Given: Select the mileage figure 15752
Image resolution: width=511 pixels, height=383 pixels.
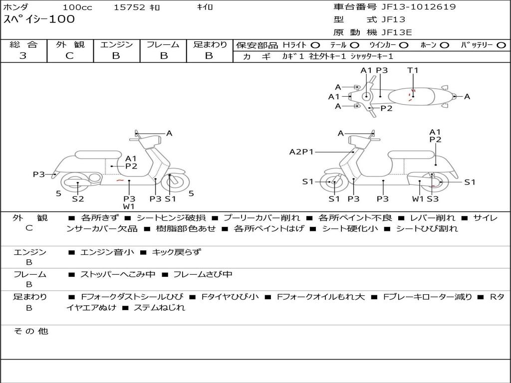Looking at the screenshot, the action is pos(129,7).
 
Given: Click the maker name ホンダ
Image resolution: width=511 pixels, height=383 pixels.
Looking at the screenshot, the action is pos(15,7).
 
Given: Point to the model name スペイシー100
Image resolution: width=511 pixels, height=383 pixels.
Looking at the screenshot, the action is pos(39,19).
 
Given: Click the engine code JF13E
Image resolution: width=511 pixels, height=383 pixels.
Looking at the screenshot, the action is pos(397,32).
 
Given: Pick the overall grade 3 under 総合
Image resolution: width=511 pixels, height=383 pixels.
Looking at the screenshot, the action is pos(23,56).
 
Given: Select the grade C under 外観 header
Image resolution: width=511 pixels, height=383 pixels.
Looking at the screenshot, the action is pos(70,56).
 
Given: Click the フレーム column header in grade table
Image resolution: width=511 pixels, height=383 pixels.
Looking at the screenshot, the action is pos(163,45).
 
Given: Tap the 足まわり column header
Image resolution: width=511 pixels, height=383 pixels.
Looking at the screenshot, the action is pos(210,45).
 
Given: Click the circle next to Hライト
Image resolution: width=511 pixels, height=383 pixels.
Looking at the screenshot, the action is pos(315,45).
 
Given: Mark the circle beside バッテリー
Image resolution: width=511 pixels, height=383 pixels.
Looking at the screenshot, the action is pos(501,45).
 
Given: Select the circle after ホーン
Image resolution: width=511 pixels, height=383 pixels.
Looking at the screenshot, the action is pos(444,45).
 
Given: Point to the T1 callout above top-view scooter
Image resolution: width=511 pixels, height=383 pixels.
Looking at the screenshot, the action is pos(413,70).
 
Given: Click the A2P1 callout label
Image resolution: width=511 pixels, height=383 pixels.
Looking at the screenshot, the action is pos(301,152).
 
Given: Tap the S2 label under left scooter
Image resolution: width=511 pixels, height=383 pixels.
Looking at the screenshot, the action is pos(78,198).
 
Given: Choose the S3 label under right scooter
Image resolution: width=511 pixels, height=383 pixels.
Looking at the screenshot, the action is pos(432,198).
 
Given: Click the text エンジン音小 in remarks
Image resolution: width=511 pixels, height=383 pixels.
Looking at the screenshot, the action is pos(107,252).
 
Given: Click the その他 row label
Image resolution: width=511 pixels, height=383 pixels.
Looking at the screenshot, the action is pos(30,331).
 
